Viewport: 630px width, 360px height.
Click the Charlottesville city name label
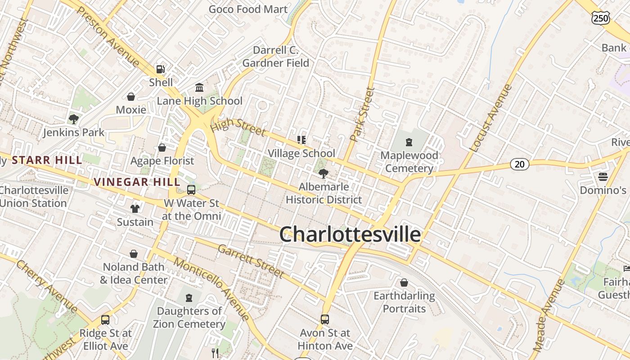(350, 234)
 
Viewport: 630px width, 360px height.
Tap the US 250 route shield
(601, 18)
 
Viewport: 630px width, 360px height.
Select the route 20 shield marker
(519, 164)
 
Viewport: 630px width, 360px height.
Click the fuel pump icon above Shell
(160, 69)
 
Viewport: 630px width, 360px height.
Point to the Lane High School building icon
(199, 87)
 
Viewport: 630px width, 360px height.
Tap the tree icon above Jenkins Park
(73, 119)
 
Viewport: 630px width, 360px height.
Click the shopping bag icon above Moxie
(131, 96)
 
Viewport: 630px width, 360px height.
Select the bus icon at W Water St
(191, 189)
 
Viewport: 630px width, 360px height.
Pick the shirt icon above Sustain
(135, 208)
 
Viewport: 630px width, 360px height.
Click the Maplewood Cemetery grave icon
(409, 142)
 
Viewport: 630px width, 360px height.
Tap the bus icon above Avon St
(324, 319)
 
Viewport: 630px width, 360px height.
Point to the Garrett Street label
(251, 261)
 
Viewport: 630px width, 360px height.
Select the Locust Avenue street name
(490, 118)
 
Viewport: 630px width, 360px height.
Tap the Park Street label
(363, 114)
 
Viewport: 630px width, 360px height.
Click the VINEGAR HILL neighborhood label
(137, 182)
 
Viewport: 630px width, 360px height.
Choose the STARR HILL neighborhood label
(47, 160)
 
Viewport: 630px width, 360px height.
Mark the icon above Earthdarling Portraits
(404, 283)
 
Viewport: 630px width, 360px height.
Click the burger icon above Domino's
(603, 176)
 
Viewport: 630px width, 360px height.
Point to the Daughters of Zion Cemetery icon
(189, 297)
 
